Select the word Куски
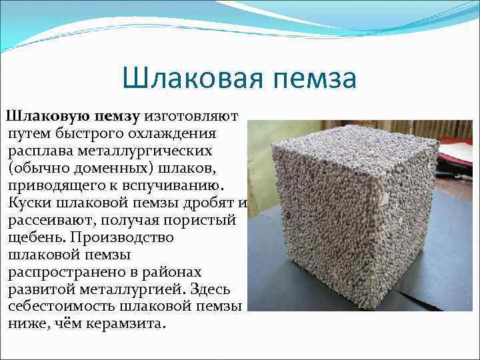point(30,203)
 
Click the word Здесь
point(210,290)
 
